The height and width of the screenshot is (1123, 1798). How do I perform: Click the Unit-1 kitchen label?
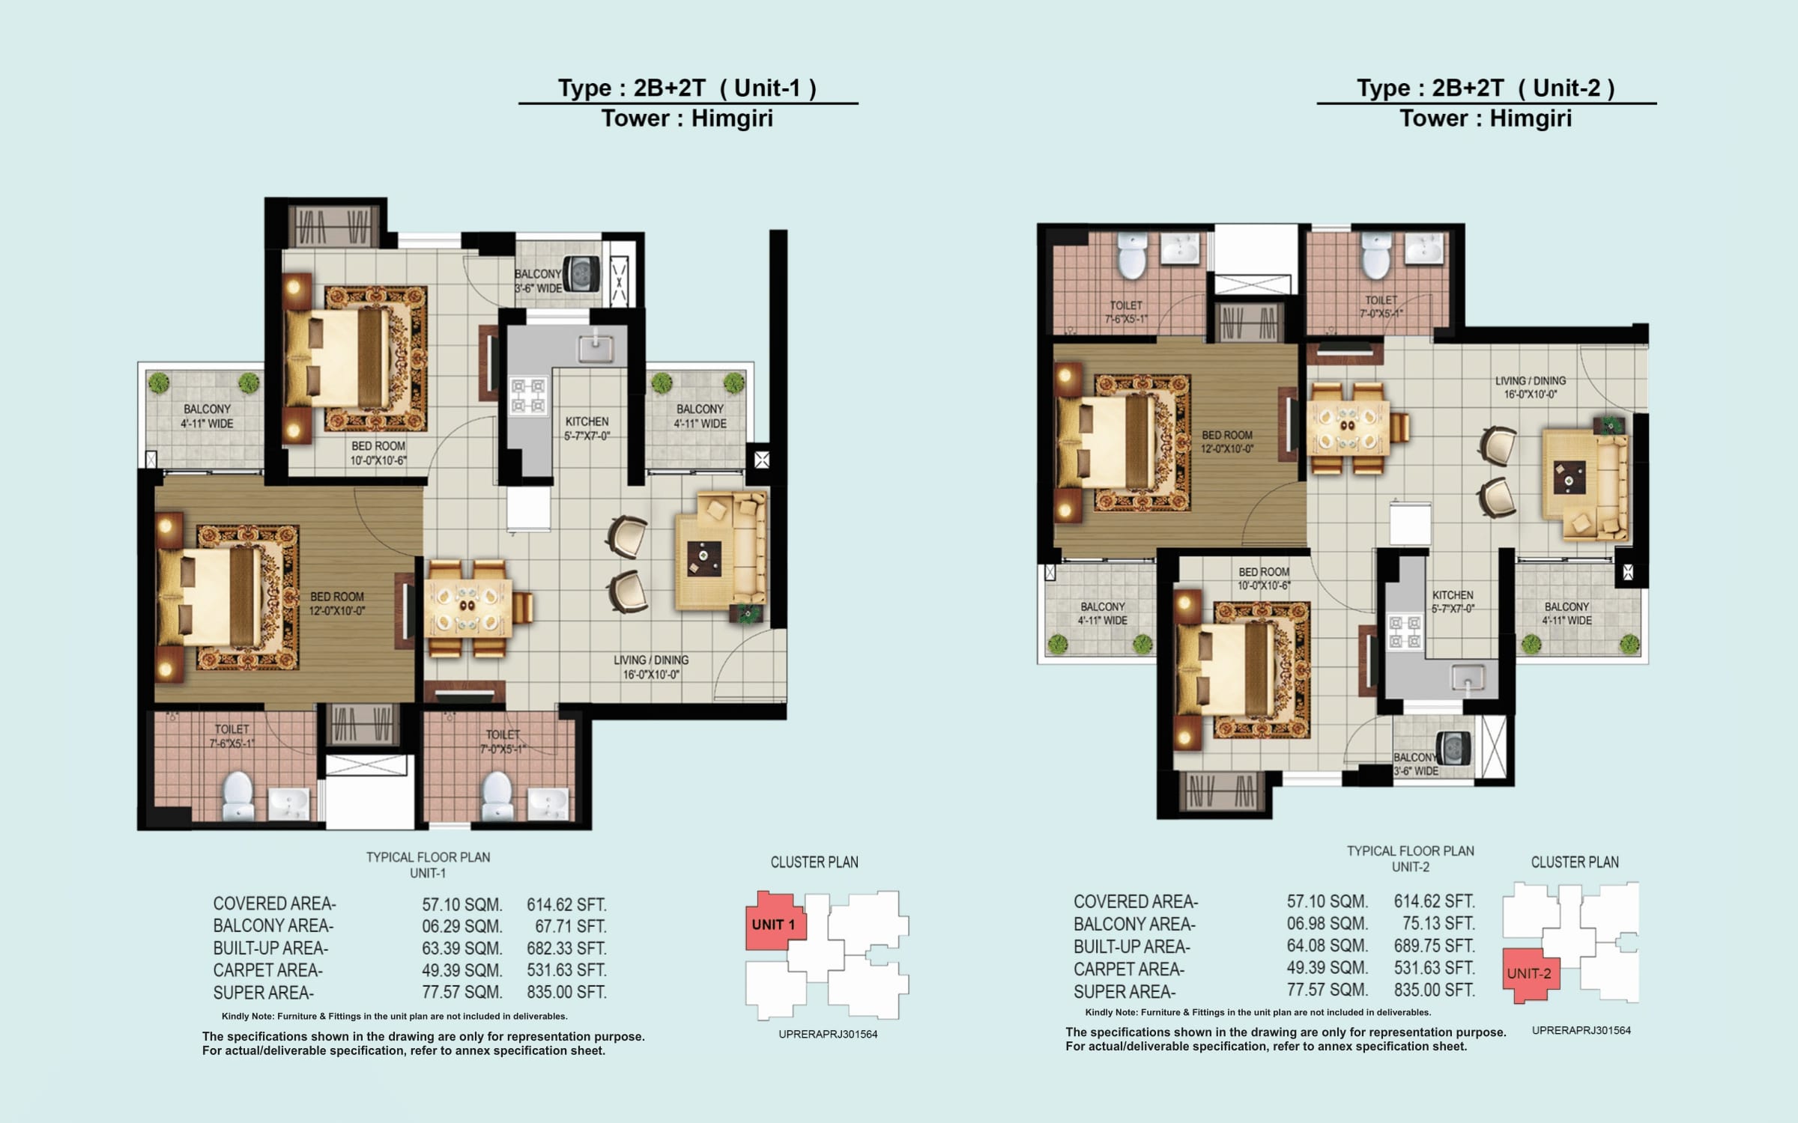(587, 428)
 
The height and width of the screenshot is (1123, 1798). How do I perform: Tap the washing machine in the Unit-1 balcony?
(579, 274)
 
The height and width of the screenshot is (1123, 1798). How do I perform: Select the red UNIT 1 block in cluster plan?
(772, 923)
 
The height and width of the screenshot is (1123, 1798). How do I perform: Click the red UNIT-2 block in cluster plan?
(1529, 974)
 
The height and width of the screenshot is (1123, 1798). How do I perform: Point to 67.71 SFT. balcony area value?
(569, 926)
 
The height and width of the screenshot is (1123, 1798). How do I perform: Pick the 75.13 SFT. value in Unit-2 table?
(1438, 924)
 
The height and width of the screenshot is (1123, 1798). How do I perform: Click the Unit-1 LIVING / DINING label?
(650, 667)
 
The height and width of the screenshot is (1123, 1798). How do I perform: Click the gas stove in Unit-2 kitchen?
(1405, 631)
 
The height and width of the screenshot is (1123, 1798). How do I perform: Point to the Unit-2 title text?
(1485, 88)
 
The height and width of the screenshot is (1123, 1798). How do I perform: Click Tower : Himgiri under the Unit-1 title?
(687, 119)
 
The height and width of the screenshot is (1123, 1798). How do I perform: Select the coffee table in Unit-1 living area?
(703, 559)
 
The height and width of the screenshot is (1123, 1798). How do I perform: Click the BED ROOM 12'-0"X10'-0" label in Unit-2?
(1227, 442)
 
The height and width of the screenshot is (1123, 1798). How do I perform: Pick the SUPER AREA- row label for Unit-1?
(264, 993)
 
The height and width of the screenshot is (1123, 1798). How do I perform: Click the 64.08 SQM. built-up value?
(1327, 946)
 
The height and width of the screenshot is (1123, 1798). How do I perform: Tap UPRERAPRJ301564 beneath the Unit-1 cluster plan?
(828, 1034)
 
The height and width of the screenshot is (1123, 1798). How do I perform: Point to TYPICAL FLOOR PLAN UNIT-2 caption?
(1410, 859)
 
